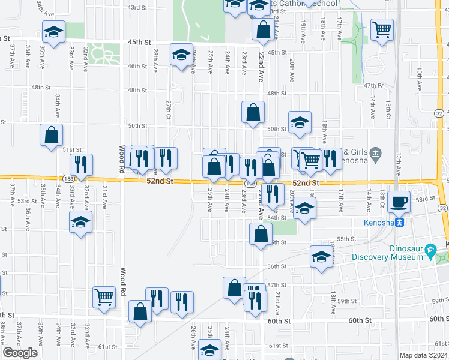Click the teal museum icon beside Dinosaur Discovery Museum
pyautogui.click(x=430, y=250)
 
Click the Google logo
pyautogui.click(x=20, y=353)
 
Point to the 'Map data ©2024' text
pyautogui.click(x=423, y=355)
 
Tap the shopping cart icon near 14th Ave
pyautogui.click(x=382, y=29)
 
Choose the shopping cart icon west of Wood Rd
pyautogui.click(x=104, y=296)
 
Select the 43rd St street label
pyautogui.click(x=137, y=7)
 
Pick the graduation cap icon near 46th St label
pyautogui.click(x=181, y=54)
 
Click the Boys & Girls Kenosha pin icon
pyautogui.click(x=376, y=153)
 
